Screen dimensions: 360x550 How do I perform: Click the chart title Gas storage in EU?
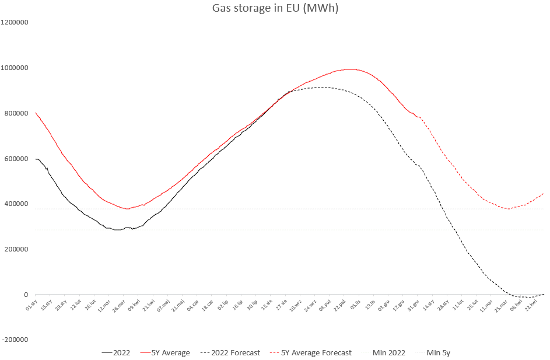[x=275, y=8]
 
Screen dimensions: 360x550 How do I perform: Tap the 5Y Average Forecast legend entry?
[x=316, y=352]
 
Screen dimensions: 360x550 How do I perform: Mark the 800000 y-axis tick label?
[x=16, y=113]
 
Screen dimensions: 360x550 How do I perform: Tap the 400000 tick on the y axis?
[x=16, y=204]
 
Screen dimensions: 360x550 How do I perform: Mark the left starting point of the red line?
[x=36, y=113]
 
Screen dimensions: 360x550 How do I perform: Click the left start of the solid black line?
[x=36, y=159]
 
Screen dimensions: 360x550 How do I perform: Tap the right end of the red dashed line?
[x=544, y=193]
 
